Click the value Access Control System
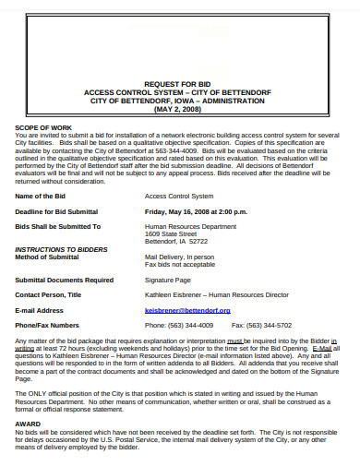[x=179, y=196]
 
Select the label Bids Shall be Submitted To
[x=58, y=225]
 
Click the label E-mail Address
[x=40, y=310]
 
